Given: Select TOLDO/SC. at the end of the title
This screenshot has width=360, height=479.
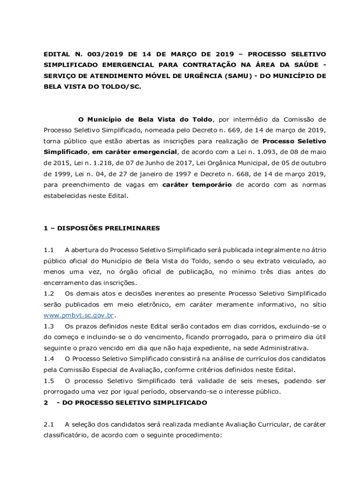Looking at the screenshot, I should [x=119, y=87].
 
